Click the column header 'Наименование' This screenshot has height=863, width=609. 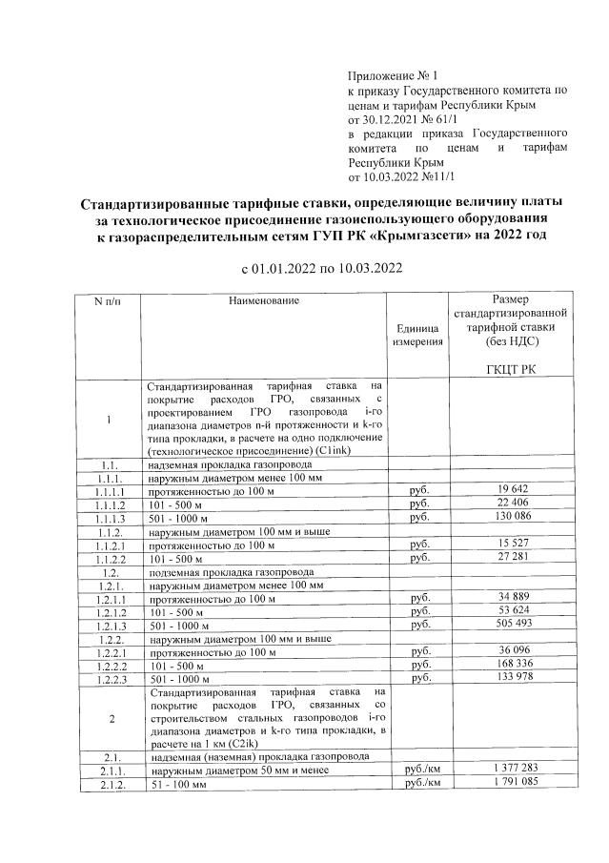263,301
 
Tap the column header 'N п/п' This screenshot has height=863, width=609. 109,301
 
